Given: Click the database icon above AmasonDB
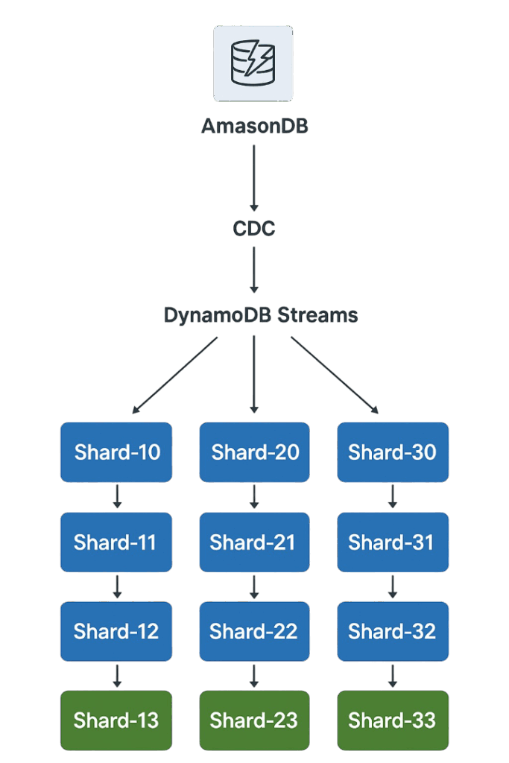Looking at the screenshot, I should (253, 63).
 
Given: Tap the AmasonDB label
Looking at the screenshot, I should (254, 127).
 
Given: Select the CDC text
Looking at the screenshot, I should (254, 228).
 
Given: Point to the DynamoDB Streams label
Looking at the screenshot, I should (260, 315).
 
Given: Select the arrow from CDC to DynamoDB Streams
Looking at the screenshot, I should (254, 270).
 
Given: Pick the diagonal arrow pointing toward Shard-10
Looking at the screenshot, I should (175, 374).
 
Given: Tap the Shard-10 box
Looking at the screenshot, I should (116, 452).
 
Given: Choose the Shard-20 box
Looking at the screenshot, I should (254, 452).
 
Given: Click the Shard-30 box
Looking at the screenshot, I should (393, 452).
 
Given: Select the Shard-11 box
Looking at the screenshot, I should (116, 542).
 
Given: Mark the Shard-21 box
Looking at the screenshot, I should (254, 542).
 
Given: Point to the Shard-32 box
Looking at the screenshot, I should (393, 631).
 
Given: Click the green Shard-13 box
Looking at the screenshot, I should (116, 721).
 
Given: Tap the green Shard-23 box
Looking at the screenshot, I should (254, 721).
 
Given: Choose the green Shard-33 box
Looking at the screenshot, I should (393, 721).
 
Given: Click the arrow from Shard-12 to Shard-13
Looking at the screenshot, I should (117, 675).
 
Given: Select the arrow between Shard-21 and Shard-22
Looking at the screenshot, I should (254, 586).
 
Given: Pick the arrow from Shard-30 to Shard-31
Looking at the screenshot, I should (393, 496).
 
